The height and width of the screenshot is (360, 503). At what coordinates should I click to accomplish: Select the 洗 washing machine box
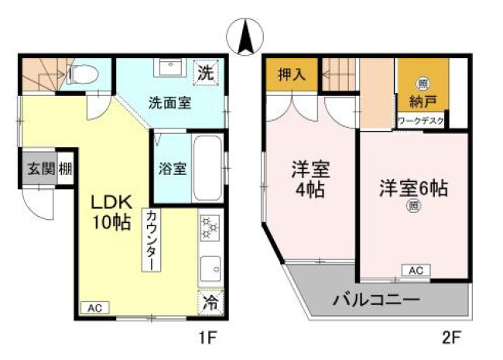pos(205,75)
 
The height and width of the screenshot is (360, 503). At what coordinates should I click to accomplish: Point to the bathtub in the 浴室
pos(207,168)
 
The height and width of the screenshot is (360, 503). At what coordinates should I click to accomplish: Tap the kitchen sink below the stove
pos(209,269)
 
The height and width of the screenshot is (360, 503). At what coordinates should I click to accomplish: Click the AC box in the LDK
pos(94,307)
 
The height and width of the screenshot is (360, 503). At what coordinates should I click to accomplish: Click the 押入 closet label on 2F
pos(291,77)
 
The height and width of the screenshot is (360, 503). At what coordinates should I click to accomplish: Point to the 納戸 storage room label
pos(422,101)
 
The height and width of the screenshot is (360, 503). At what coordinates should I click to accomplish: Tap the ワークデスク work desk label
pos(421,121)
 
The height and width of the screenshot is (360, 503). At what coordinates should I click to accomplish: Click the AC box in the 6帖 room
pos(415,270)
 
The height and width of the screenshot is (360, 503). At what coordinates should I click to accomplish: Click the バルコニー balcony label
pos(376,299)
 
